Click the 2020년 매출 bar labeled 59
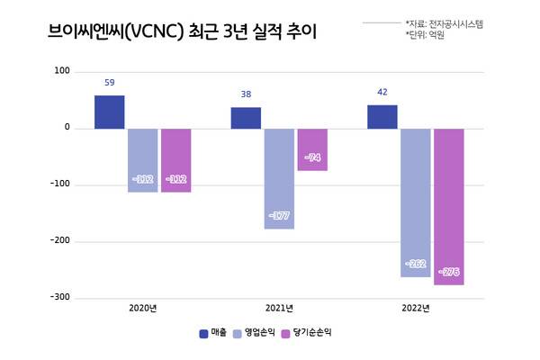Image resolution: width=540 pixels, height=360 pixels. coord(109,112)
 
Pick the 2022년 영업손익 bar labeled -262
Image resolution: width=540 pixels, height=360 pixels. coord(416,202)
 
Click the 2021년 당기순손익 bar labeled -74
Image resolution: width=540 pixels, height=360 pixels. coord(312,149)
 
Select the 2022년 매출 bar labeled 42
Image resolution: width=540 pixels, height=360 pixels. coord(382,117)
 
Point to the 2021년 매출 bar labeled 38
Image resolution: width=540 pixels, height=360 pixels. coord(246,118)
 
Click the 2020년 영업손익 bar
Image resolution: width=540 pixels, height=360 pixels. coord(142,160)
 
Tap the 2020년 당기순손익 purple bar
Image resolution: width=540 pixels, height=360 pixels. coord(175,160)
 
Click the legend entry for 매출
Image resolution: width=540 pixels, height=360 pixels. coord(212,333)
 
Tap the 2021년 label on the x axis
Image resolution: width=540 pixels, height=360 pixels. coord(279,309)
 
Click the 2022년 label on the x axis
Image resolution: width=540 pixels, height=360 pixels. coord(415,309)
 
